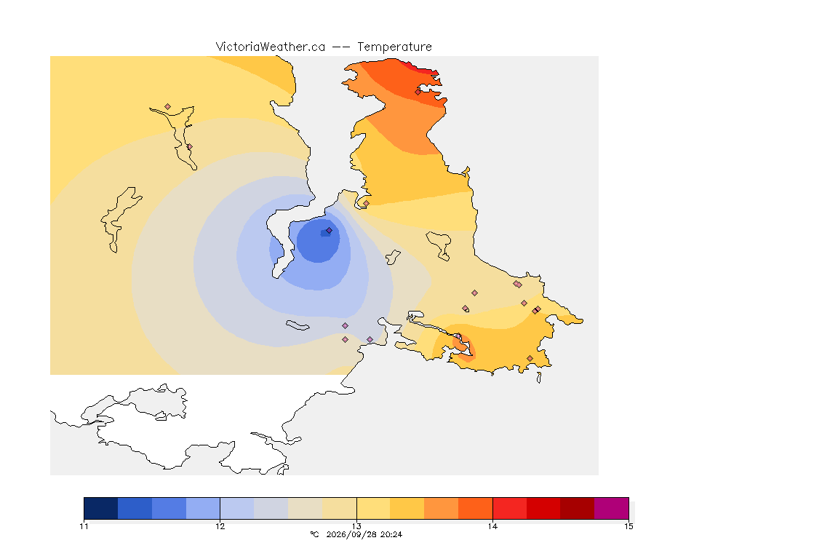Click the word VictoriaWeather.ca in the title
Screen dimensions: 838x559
(271, 47)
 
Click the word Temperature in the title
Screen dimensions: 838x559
(394, 47)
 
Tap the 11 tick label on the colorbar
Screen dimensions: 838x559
(84, 526)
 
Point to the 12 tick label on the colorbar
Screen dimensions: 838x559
(220, 526)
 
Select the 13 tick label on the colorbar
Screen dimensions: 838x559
(356, 526)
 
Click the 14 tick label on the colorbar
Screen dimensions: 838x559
(492, 526)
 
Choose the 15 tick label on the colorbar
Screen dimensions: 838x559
(628, 526)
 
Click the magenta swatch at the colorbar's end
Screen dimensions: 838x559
(611, 508)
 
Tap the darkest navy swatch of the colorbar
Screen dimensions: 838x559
(101, 508)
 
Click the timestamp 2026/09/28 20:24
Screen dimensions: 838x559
(364, 534)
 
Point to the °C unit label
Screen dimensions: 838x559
(315, 534)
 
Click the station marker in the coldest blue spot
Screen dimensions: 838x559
(330, 231)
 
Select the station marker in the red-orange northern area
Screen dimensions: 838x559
(418, 92)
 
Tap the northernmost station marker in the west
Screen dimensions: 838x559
(168, 107)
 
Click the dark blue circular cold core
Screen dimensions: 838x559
(318, 241)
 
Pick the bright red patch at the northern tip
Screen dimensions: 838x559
(422, 68)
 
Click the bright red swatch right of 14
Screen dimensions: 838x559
(510, 508)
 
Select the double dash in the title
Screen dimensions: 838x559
(341, 47)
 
